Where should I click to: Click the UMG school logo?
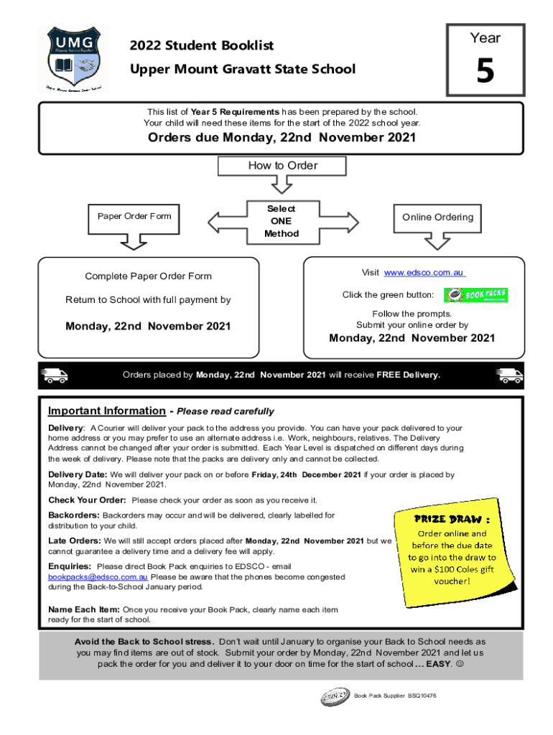pyautogui.click(x=73, y=59)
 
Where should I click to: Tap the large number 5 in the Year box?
pyautogui.click(x=485, y=72)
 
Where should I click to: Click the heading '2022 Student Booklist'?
pyautogui.click(x=202, y=46)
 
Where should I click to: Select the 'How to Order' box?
pyautogui.click(x=282, y=166)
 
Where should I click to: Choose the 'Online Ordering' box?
pyautogui.click(x=437, y=217)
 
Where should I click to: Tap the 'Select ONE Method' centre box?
pyautogui.click(x=281, y=221)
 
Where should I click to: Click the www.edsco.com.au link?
pyautogui.click(x=425, y=273)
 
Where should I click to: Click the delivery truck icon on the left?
pyautogui.click(x=55, y=375)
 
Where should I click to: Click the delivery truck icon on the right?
pyautogui.click(x=509, y=375)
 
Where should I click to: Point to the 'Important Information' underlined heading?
pyautogui.click(x=106, y=411)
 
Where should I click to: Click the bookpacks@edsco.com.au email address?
pyautogui.click(x=98, y=576)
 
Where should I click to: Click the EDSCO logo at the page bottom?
pyautogui.click(x=335, y=696)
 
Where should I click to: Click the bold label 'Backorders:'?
pyautogui.click(x=74, y=515)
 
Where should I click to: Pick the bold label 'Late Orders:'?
pyautogui.click(x=75, y=540)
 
